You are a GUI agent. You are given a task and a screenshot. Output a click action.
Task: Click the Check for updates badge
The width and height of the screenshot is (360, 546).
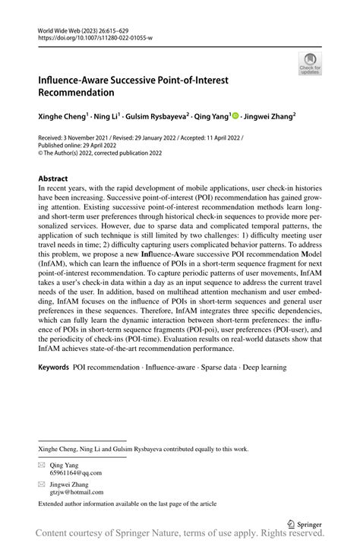point(311,65)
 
